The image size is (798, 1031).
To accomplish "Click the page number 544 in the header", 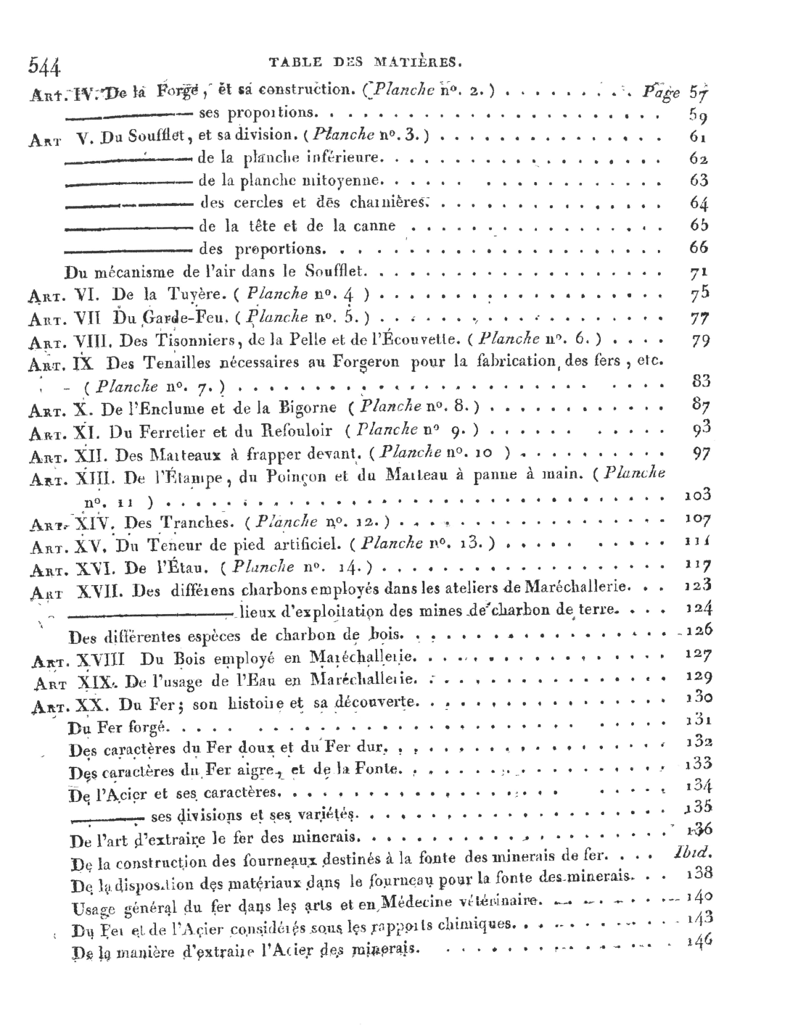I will [x=44, y=66].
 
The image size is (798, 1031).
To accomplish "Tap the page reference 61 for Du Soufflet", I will [x=699, y=136].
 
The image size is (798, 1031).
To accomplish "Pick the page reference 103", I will [x=698, y=496].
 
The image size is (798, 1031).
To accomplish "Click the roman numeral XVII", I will [x=101, y=591].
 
